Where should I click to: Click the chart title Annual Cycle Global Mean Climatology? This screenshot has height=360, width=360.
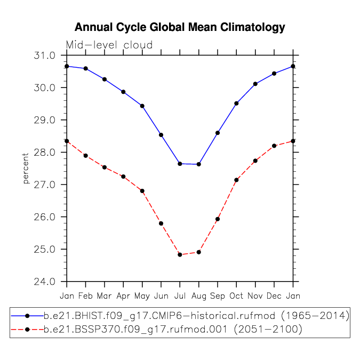[x=180, y=27]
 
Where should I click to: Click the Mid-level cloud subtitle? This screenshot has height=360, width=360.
[x=109, y=45]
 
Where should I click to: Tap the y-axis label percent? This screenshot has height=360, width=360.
[x=26, y=169]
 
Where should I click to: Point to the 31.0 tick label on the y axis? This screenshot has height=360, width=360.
[x=45, y=55]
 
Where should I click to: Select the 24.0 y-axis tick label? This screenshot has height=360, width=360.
[x=45, y=282]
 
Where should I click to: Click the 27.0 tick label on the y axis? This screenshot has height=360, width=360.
[x=45, y=185]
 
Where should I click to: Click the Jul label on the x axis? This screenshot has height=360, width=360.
[x=180, y=295]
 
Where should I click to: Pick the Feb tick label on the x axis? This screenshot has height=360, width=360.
[x=85, y=295]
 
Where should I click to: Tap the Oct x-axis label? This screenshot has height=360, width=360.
[x=236, y=295]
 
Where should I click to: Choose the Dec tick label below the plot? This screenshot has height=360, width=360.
[x=274, y=295]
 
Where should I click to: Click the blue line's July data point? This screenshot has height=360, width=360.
[x=180, y=164]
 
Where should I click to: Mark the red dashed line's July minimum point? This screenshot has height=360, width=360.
[x=180, y=254]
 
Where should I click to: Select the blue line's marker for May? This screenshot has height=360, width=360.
[x=142, y=106]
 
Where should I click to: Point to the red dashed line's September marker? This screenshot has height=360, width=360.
[x=218, y=219]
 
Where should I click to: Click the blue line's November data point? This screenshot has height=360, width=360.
[x=255, y=84]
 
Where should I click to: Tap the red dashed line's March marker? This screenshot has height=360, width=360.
[x=105, y=167]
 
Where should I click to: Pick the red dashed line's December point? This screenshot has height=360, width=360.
[x=274, y=146]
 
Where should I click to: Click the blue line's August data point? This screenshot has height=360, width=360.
[x=198, y=164]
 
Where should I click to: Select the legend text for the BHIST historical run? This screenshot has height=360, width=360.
[x=196, y=316]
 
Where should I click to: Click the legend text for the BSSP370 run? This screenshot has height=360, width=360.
[x=173, y=330]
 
